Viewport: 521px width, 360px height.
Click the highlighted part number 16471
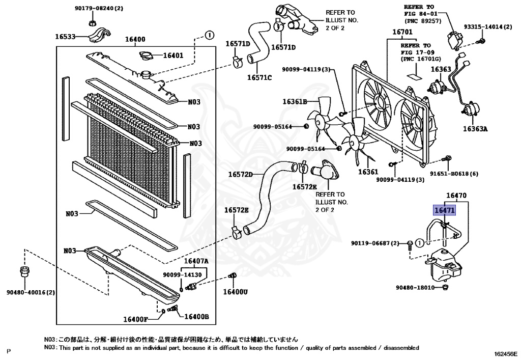(x=444, y=210)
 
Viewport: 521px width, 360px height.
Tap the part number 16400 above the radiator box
(x=135, y=39)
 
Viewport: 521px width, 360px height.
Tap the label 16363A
(x=475, y=129)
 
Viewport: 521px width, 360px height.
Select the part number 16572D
(x=240, y=175)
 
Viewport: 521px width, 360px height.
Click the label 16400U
(x=235, y=292)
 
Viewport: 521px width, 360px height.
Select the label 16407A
(x=196, y=262)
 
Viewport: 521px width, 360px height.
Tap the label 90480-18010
(x=415, y=288)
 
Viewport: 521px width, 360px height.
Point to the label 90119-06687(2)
(x=374, y=243)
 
